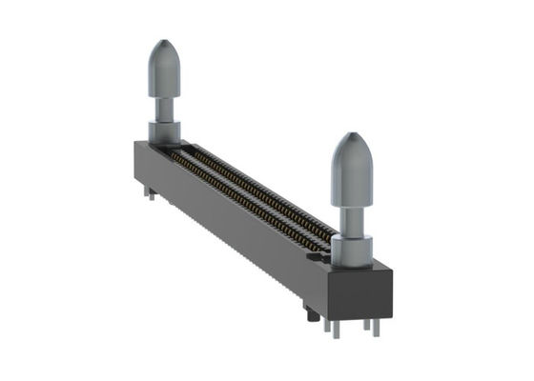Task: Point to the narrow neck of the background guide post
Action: point(164,106)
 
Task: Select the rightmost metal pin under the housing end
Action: point(377,328)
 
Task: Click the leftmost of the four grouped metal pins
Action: point(327,327)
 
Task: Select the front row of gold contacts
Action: point(238,200)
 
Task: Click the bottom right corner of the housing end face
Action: point(391,312)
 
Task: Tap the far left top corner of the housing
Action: point(136,144)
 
